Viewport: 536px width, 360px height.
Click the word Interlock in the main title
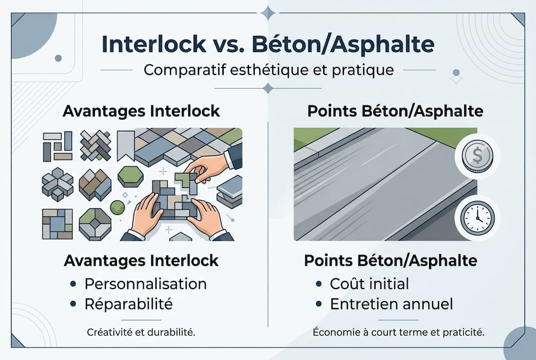[153, 44]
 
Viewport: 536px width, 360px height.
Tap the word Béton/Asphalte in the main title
[343, 44]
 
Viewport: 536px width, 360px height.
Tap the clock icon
[475, 218]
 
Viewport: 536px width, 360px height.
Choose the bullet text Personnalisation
[145, 283]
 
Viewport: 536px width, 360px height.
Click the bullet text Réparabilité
[128, 303]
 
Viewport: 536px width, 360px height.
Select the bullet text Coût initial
[369, 283]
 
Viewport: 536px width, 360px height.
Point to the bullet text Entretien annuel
[392, 303]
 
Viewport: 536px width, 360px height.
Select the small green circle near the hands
[116, 207]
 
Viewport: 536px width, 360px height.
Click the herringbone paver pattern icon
[95, 145]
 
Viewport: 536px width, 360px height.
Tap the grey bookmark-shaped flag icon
[125, 144]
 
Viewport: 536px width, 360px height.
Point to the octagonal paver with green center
[95, 223]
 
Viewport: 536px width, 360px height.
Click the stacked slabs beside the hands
[230, 191]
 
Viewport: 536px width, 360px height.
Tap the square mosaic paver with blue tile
[57, 223]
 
